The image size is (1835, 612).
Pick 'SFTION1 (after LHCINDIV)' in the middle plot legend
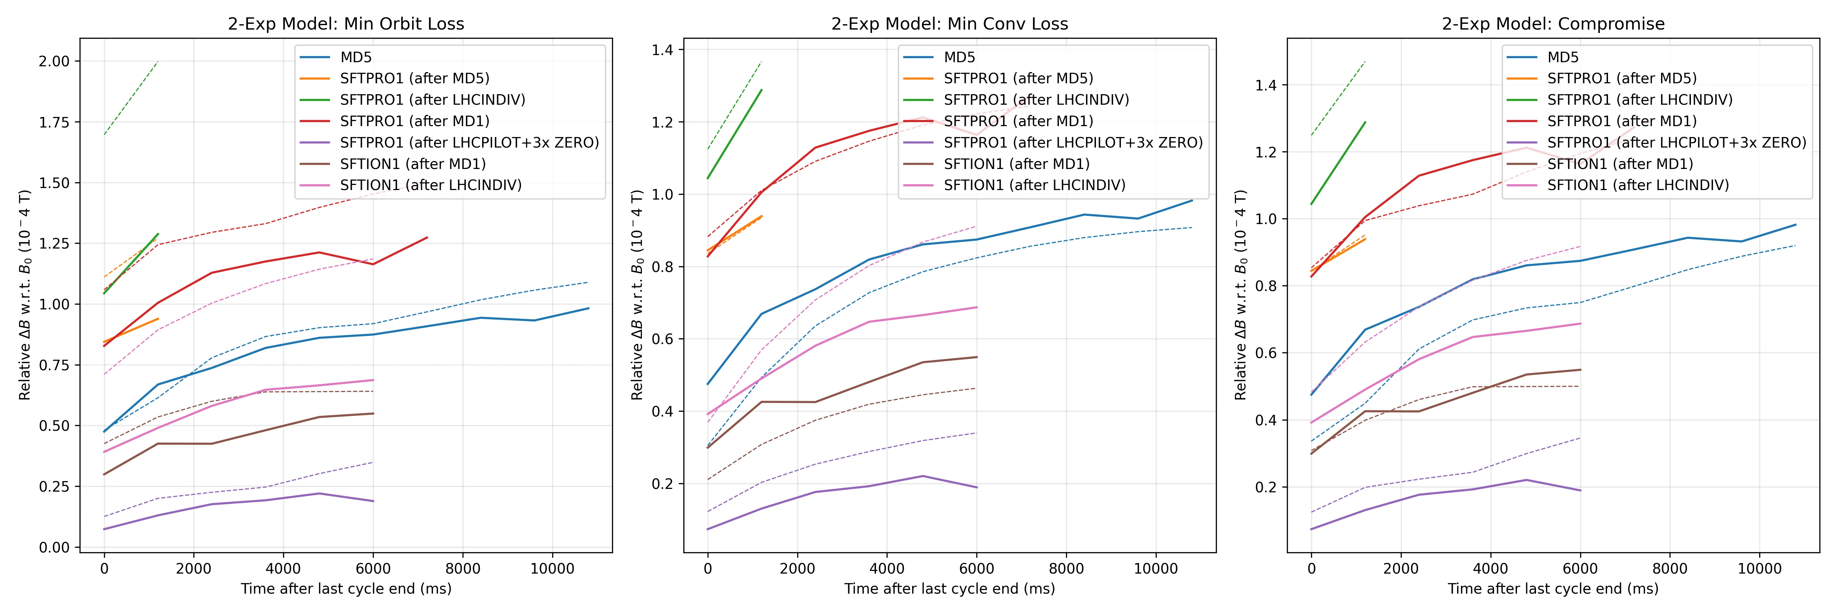(x=1034, y=185)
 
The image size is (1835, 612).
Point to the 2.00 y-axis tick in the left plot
(x=54, y=61)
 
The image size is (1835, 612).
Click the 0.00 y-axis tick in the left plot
(x=54, y=547)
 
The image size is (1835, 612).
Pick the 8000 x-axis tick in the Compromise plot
(x=1670, y=568)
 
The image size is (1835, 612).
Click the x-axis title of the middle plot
(x=949, y=589)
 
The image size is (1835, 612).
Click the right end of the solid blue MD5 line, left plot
(x=589, y=308)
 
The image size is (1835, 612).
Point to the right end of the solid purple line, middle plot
(x=977, y=487)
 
